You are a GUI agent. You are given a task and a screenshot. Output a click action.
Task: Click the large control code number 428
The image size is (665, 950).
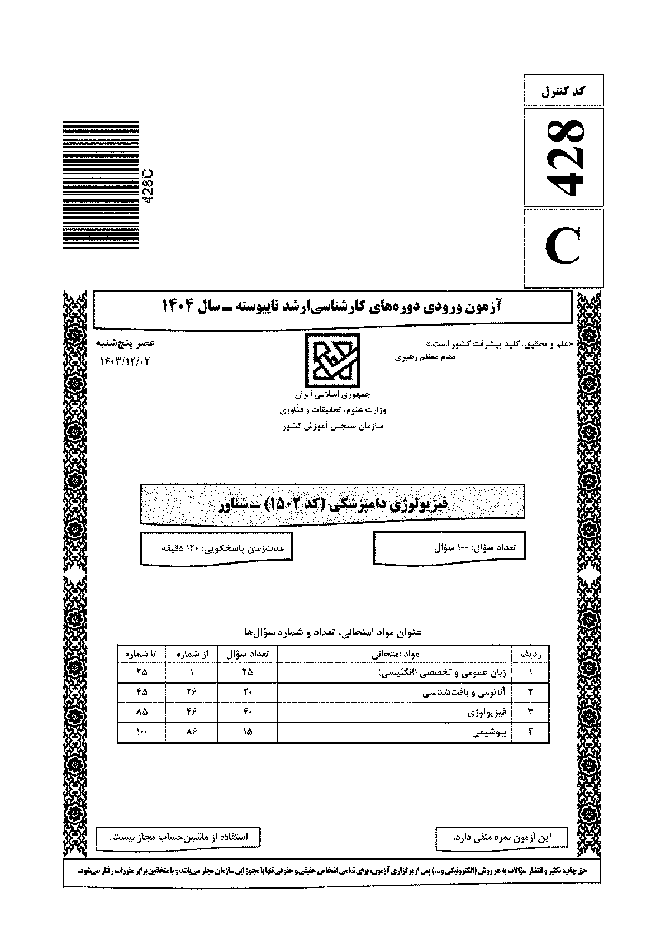coord(563,158)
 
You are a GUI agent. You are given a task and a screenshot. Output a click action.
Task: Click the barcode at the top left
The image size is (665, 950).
coord(101,185)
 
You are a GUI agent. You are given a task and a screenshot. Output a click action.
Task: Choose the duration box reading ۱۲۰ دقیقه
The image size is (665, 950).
coord(216,548)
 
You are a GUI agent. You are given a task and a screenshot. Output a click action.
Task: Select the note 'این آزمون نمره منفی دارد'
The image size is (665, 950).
coord(500,837)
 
